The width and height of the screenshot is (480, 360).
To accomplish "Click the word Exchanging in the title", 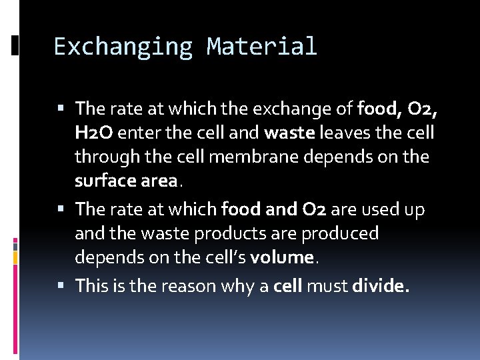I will point(123,47).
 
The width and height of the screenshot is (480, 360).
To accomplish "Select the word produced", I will point(339,233).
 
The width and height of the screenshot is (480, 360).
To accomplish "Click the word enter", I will point(139,133).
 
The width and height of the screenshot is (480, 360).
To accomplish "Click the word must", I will point(327,286).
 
